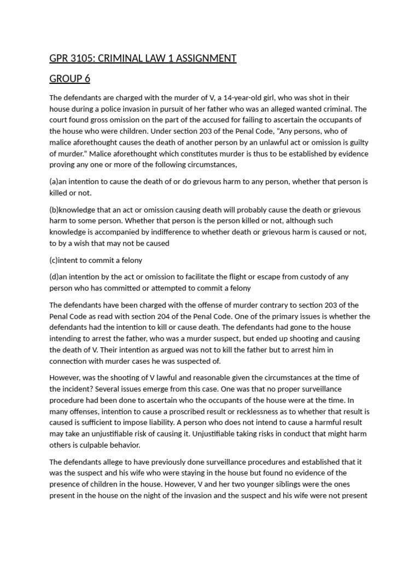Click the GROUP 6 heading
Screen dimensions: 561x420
(x=70, y=79)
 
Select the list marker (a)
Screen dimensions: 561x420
(x=54, y=181)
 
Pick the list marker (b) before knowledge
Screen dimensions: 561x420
(x=54, y=210)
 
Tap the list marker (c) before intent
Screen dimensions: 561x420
(x=54, y=260)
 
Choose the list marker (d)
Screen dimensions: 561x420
(x=54, y=277)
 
